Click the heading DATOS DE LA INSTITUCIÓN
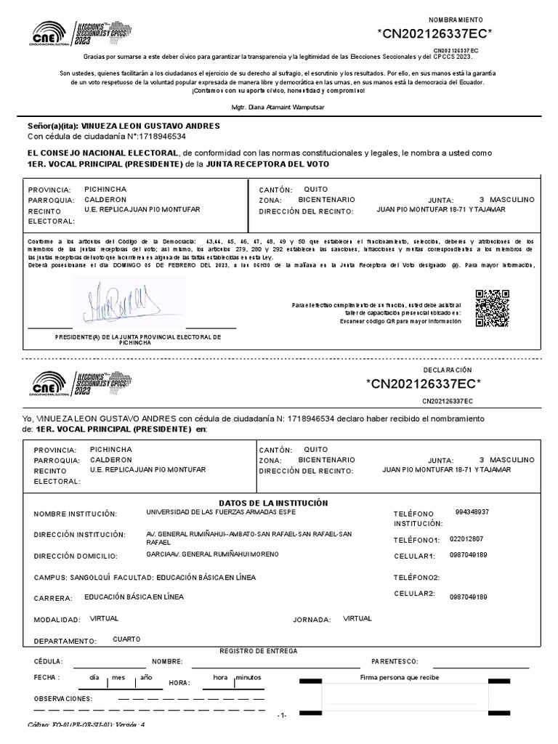click(273, 504)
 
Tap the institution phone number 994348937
click(472, 512)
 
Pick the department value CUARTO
click(127, 639)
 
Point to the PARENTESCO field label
click(395, 662)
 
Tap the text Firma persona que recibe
click(400, 677)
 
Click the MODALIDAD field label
click(57, 620)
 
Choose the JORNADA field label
click(312, 620)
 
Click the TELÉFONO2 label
click(417, 578)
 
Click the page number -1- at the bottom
click(283, 715)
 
